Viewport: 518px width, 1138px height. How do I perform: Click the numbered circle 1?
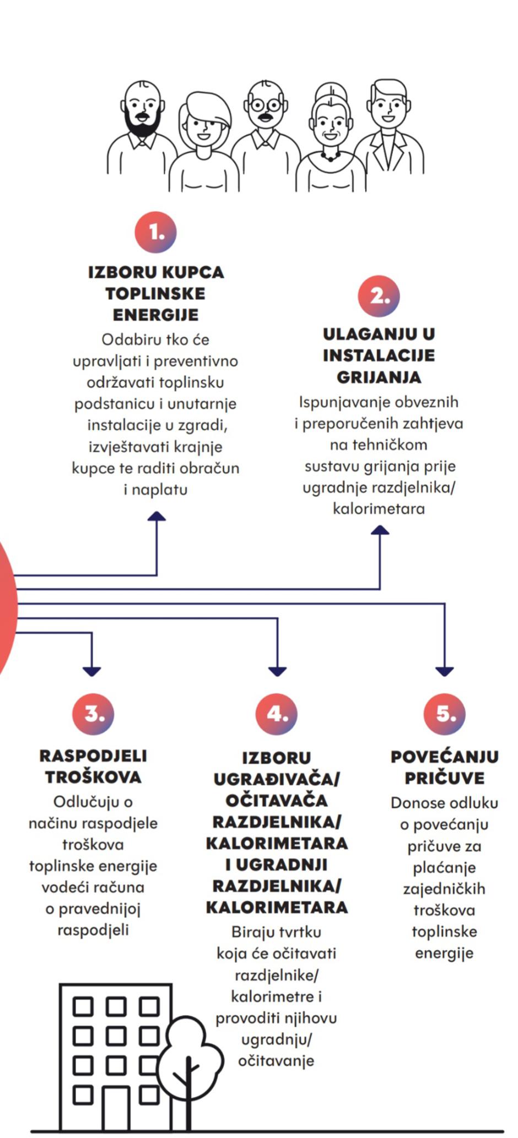156,232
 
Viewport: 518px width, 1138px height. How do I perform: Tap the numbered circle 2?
379,296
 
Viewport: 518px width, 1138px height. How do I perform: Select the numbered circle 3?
93,713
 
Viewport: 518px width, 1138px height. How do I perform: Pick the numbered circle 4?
277,714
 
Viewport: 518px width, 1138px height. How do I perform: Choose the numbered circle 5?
445,714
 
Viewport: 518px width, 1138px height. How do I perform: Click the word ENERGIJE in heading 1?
156,315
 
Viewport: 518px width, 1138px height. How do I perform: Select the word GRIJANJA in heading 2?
379,377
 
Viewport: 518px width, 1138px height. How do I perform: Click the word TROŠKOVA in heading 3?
93,777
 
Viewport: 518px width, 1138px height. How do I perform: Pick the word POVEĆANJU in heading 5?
445,757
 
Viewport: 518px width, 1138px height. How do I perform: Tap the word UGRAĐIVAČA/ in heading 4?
277,779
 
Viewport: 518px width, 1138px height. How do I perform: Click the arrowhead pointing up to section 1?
157,516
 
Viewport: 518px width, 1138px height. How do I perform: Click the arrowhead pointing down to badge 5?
445,671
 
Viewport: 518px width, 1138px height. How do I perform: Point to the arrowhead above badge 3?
91,671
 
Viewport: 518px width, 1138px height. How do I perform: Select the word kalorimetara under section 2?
379,508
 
